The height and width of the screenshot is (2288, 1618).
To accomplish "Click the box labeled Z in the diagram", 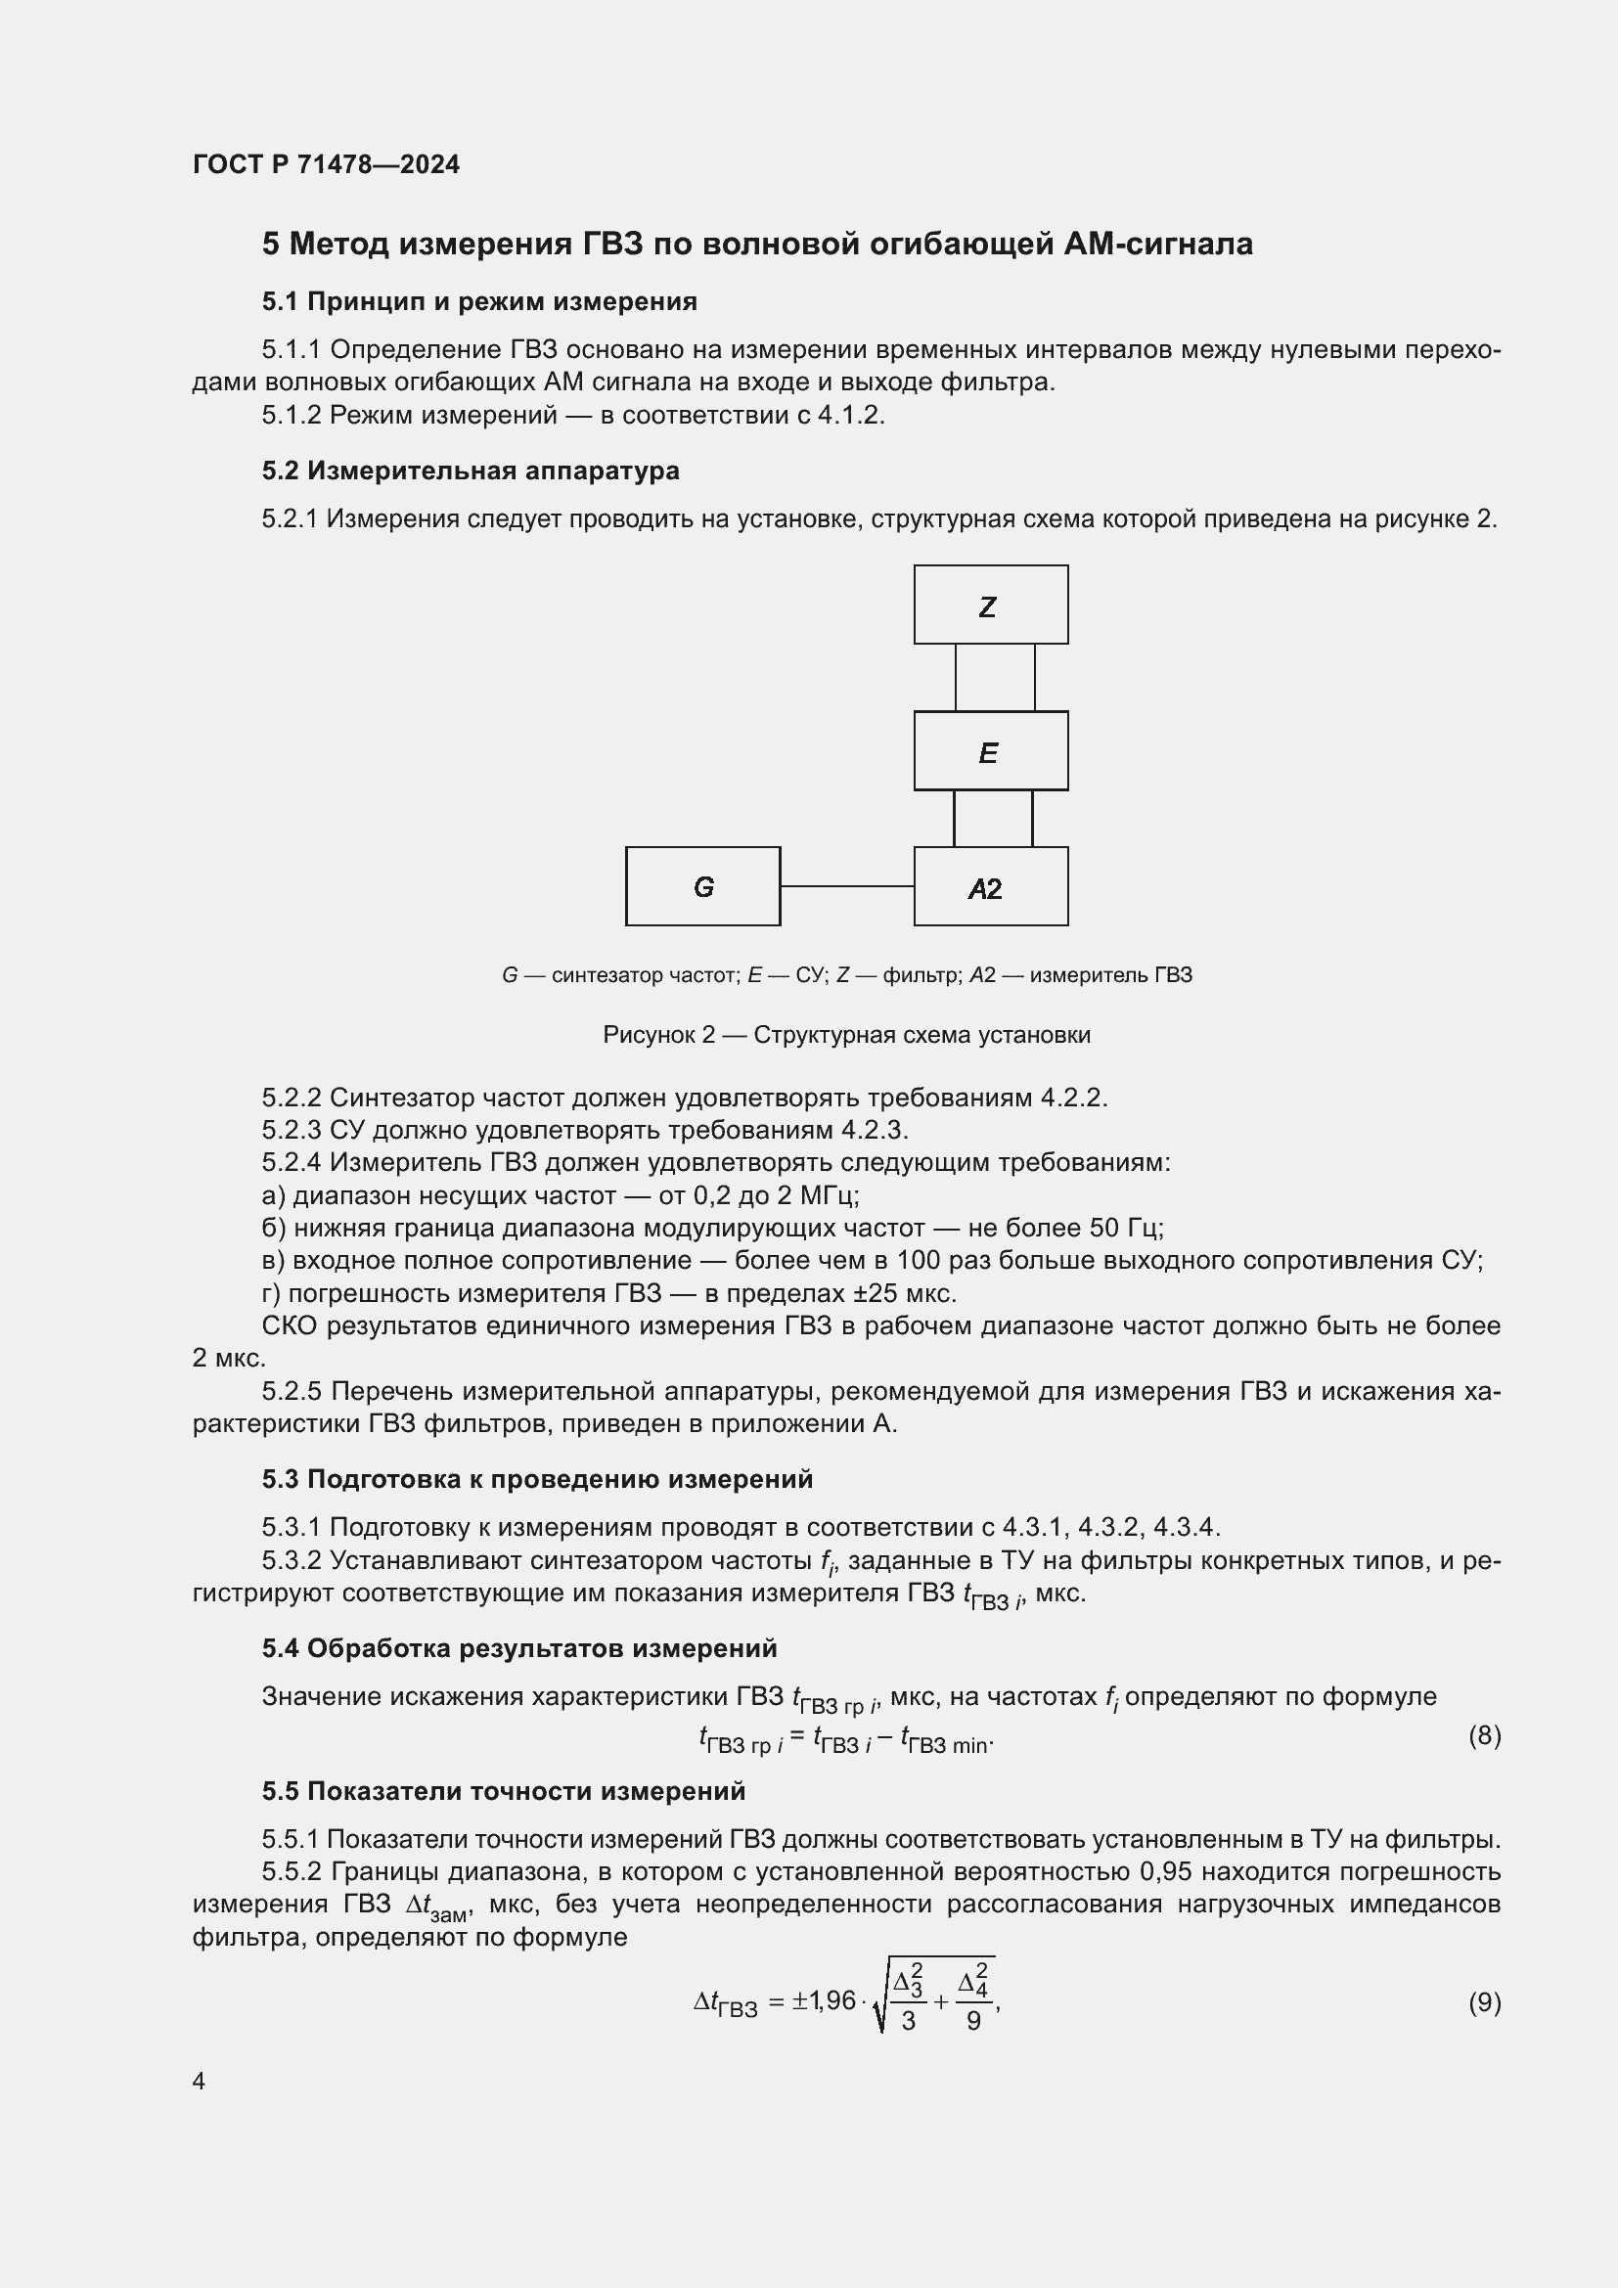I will pyautogui.click(x=990, y=605).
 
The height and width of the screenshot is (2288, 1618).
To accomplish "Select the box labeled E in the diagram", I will pyautogui.click(x=990, y=750).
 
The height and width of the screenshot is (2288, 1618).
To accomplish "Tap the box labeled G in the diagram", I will pyautogui.click(x=702, y=886).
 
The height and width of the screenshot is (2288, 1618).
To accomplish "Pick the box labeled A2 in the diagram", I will pyautogui.click(x=990, y=886).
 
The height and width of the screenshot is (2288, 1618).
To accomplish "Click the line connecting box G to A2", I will pyautogui.click(x=847, y=886).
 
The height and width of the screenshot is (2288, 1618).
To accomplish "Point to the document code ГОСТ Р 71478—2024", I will pyautogui.click(x=326, y=164).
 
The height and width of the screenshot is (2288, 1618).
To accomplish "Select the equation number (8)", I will pyautogui.click(x=1484, y=1735).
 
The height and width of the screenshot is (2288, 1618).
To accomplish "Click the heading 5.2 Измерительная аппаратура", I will pyautogui.click(x=471, y=471).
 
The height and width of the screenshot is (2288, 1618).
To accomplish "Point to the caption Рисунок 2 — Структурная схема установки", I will pyautogui.click(x=846, y=1034).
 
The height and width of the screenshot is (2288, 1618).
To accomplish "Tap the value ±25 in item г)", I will pyautogui.click(x=846, y=1293).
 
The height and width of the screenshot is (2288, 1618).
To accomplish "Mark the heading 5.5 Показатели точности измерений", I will pyautogui.click(x=503, y=1791).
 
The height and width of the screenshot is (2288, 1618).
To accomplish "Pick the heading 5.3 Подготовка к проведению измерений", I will pyautogui.click(x=537, y=1479).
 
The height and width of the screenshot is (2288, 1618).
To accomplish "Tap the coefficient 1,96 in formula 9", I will pyautogui.click(x=831, y=1999).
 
